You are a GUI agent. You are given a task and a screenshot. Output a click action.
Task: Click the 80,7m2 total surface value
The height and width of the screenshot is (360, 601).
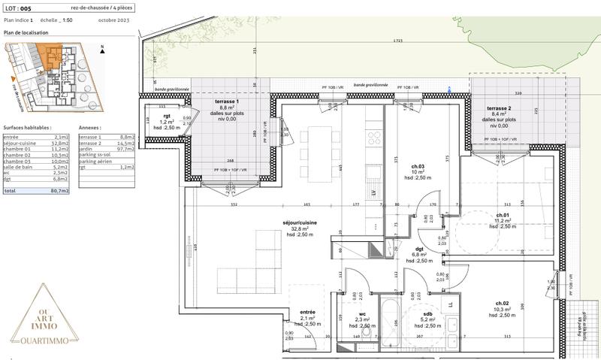tap(60, 192)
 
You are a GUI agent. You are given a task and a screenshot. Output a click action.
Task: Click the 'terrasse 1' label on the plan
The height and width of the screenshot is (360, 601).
tap(226, 101)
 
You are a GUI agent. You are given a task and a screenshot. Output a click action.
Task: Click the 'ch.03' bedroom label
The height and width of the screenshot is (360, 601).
tap(418, 166)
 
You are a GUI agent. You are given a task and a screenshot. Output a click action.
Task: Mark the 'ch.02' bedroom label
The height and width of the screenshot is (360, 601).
tap(502, 303)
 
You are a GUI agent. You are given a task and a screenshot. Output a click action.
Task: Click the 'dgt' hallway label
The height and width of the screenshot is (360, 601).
tap(420, 249)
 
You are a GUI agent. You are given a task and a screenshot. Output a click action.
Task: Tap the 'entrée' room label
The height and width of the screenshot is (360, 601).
tap(307, 312)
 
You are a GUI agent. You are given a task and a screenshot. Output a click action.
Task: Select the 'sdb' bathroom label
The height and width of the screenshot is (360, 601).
tap(427, 313)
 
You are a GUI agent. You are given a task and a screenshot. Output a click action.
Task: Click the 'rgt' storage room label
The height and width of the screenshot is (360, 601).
tap(167, 116)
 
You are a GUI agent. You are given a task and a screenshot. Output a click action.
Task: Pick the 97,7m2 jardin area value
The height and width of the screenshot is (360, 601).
tap(126, 149)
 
